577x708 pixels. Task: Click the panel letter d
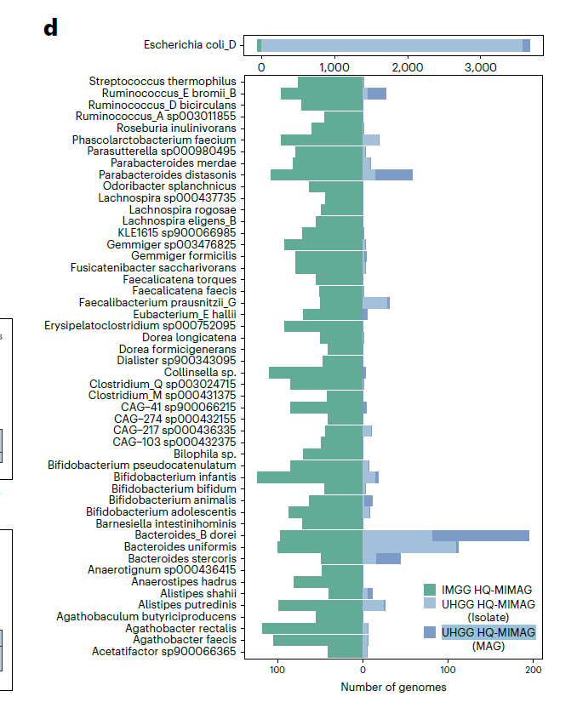(x=51, y=27)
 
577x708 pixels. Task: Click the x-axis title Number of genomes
(x=393, y=687)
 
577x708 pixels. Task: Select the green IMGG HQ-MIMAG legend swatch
(x=430, y=590)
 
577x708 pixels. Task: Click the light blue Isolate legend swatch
(x=430, y=604)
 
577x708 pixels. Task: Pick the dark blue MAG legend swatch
(x=430, y=632)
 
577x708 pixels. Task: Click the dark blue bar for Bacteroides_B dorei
(x=481, y=535)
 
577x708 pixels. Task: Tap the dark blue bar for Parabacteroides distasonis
(x=394, y=174)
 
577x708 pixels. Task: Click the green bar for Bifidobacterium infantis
(x=310, y=477)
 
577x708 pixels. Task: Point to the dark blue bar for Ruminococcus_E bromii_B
(x=377, y=93)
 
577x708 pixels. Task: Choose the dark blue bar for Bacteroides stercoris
(x=388, y=558)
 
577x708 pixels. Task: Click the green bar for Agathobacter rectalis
(x=312, y=629)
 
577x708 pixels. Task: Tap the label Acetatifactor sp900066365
(x=164, y=652)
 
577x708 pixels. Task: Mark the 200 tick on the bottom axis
(x=534, y=669)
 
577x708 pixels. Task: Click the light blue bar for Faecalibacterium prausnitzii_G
(x=375, y=302)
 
